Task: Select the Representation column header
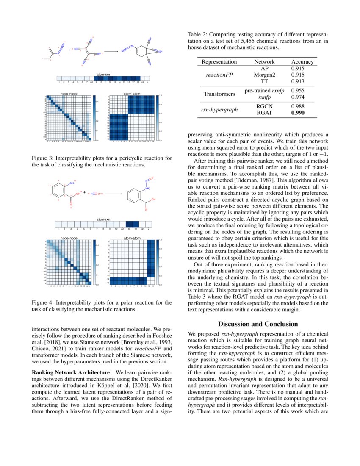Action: tap(219, 62)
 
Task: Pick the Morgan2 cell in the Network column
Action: tap(265, 75)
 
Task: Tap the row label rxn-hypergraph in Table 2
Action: tap(219, 110)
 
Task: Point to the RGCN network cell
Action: tap(265, 107)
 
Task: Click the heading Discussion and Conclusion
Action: tap(258, 324)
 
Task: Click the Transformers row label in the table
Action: tap(219, 94)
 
